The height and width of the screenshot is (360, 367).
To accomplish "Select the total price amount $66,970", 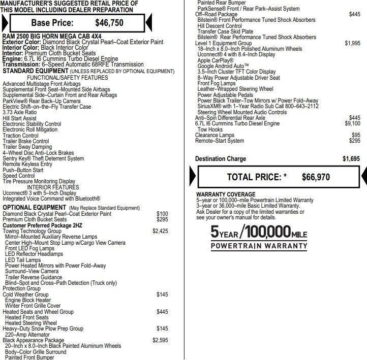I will (316, 177).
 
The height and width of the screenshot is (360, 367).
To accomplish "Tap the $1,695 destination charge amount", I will (351, 159).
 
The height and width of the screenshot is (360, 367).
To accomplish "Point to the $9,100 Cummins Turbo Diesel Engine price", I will (352, 123).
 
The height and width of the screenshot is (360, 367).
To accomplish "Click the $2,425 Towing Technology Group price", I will (160, 231).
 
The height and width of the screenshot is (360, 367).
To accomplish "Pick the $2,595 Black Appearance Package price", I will (160, 340).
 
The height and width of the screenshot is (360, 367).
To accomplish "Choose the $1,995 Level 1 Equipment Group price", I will (352, 43).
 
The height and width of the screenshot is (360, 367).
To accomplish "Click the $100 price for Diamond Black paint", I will (162, 214).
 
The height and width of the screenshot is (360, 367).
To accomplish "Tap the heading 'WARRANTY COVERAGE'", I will (226, 194).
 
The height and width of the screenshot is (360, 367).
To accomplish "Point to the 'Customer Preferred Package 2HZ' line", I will (42, 225).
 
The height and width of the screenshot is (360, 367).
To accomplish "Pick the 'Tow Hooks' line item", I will (209, 129).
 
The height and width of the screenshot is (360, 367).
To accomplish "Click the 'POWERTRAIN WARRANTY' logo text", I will (259, 246).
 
